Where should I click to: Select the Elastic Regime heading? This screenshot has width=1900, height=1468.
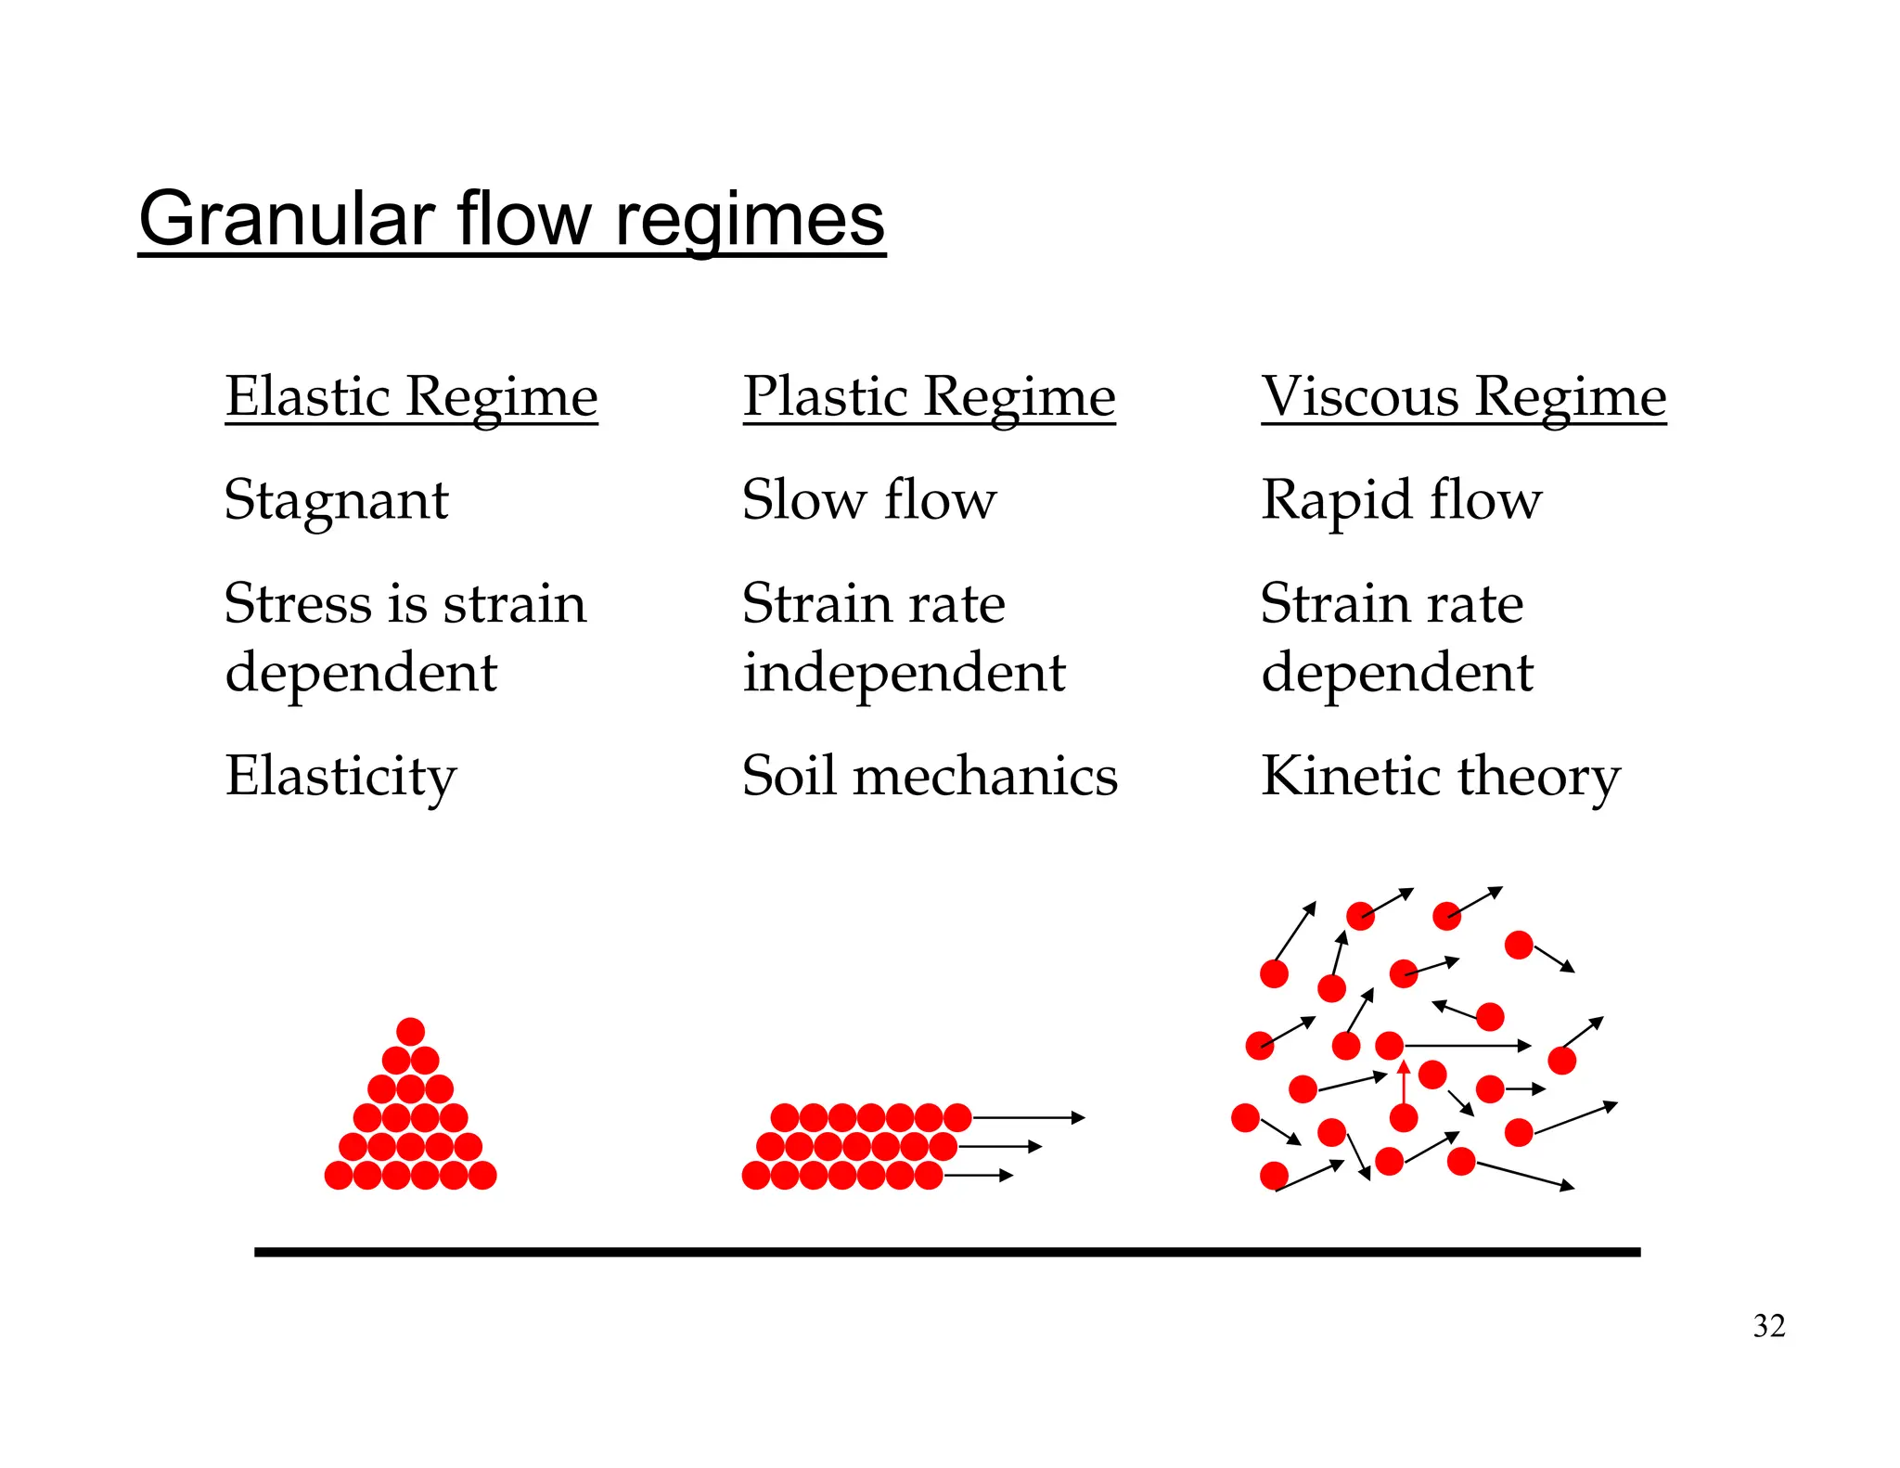click(x=411, y=396)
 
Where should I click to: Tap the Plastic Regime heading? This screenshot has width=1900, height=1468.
click(x=929, y=396)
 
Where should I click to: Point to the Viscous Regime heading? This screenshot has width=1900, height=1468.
click(x=1463, y=396)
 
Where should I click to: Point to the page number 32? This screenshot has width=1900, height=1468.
click(x=1768, y=1325)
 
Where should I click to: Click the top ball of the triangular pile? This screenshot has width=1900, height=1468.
click(x=410, y=1031)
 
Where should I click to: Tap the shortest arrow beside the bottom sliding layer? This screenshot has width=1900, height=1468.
click(x=978, y=1176)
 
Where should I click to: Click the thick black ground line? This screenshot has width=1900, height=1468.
click(x=946, y=1252)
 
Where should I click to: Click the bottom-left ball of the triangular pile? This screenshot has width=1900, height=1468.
click(x=339, y=1176)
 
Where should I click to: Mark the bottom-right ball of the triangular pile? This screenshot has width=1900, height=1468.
click(x=482, y=1176)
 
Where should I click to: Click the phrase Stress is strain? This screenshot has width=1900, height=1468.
click(x=405, y=603)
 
